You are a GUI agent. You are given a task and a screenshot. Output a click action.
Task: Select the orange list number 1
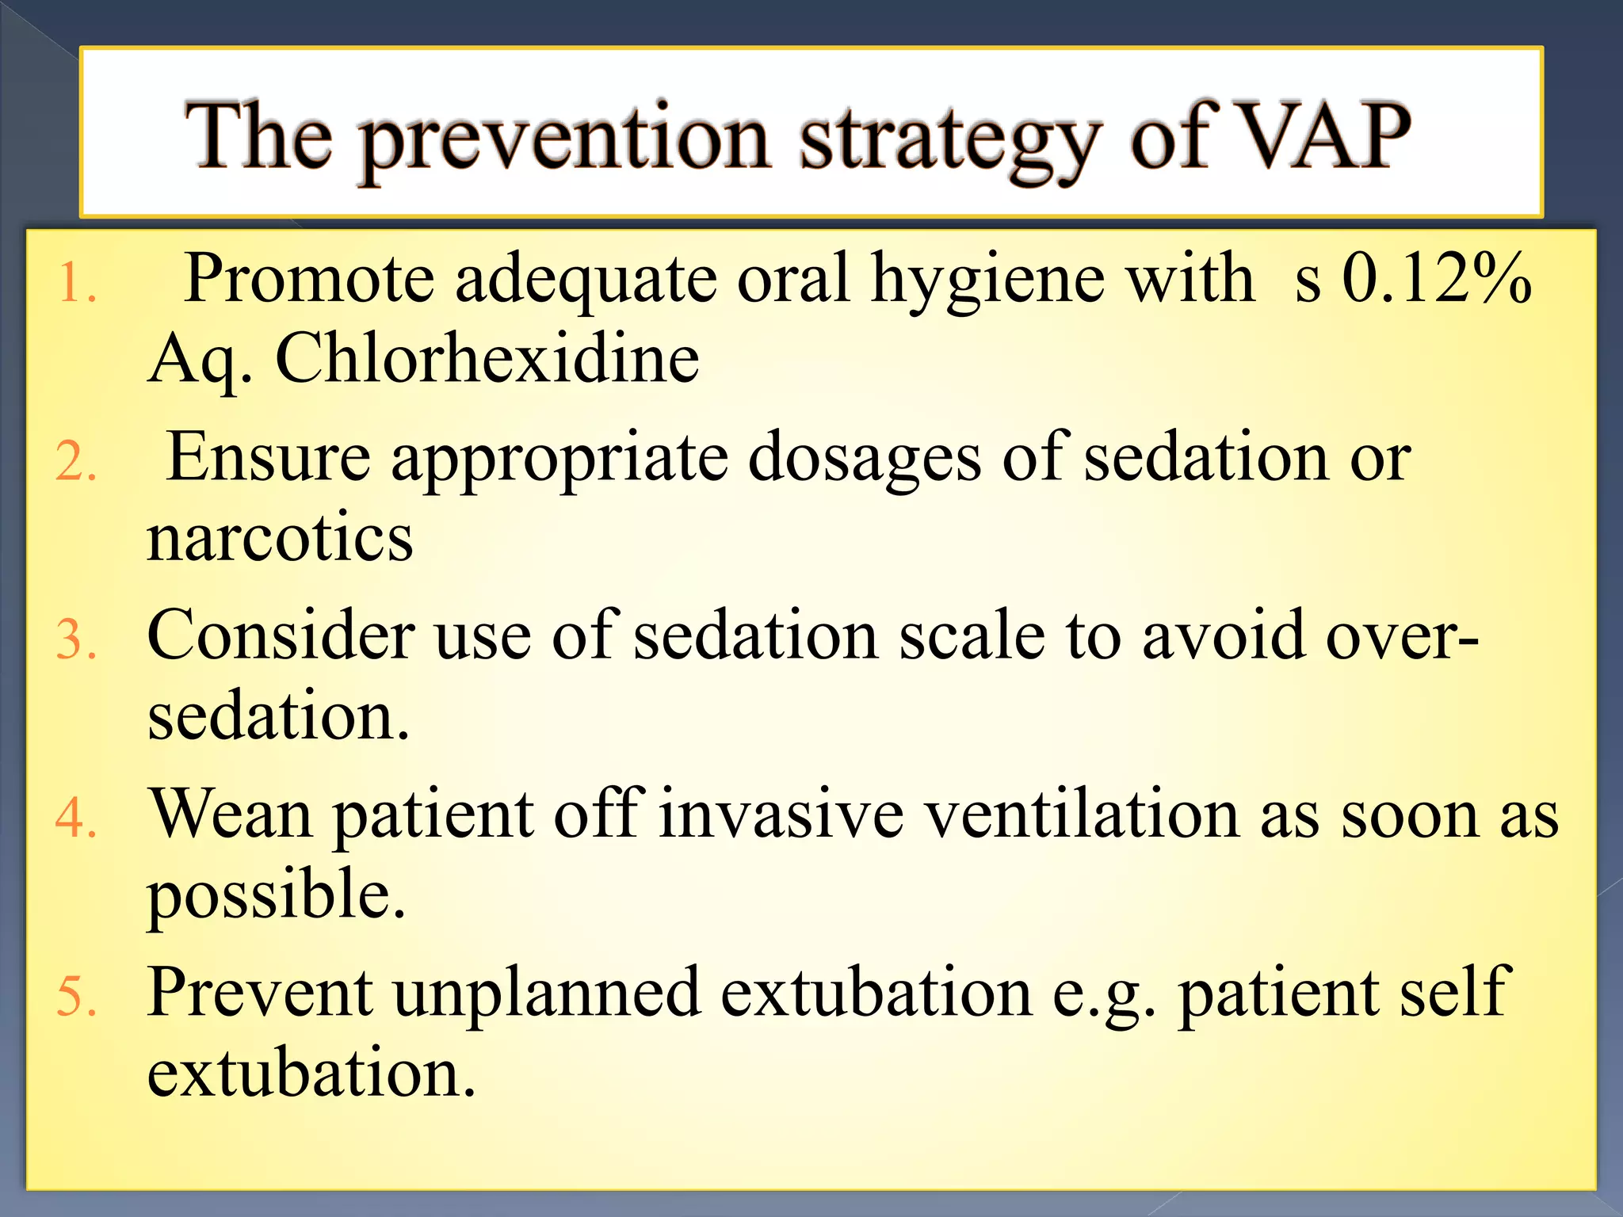coord(76,284)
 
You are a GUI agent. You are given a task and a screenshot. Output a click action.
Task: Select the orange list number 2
coord(76,462)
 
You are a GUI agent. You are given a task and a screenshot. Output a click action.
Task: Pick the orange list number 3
coord(76,640)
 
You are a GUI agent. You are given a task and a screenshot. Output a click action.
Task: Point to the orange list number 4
coord(76,818)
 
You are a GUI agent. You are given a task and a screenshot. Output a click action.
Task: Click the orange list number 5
coord(76,997)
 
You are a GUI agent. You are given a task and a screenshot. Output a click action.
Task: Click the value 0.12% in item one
coord(1436,278)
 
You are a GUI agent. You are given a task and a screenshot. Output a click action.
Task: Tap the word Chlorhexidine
coord(487,359)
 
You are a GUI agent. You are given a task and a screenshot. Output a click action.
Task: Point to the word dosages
coord(865,460)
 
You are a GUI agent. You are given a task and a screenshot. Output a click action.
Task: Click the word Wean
coord(232,815)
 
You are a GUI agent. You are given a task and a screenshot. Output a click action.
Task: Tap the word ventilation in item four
coord(1083,815)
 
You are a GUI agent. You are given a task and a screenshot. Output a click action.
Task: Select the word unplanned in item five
coord(547,993)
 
